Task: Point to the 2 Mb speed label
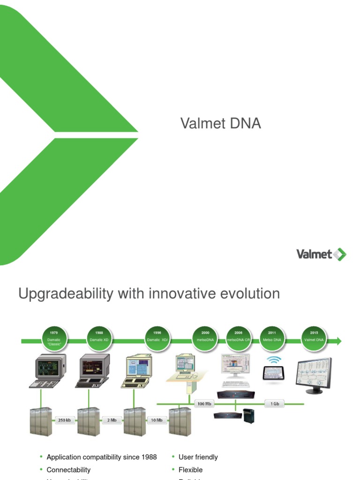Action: coord(112,420)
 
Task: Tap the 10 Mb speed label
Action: coord(157,420)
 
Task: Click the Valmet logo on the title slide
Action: coord(321,255)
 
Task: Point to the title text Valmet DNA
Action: coord(220,124)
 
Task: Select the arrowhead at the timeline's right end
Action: coord(338,341)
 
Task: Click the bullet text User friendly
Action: coord(198,457)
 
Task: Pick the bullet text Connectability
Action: coord(68,470)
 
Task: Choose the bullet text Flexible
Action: coord(190,470)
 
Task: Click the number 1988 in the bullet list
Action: coord(148,457)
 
